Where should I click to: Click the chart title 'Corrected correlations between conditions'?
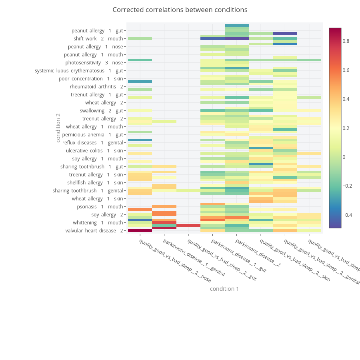(x=180, y=10)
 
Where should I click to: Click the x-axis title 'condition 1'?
(x=224, y=289)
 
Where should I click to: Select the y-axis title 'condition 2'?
(x=58, y=128)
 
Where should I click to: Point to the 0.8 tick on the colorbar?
(x=346, y=41)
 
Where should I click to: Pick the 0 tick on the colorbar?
(x=344, y=157)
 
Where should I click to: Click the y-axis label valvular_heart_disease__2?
(x=94, y=230)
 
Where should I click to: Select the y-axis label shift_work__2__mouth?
(x=98, y=39)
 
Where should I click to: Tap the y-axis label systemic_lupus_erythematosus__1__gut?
(x=79, y=71)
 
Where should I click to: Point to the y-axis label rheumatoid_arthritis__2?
(x=96, y=87)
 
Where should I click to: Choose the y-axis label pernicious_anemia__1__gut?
(x=92, y=135)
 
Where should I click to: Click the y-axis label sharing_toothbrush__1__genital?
(x=88, y=191)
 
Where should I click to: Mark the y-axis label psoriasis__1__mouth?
(x=100, y=207)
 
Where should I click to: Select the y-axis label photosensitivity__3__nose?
(x=94, y=63)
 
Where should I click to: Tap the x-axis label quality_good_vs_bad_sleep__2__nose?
(x=175, y=260)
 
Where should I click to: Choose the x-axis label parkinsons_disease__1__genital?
(x=194, y=258)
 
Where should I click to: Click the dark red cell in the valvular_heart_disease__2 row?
(x=140, y=230)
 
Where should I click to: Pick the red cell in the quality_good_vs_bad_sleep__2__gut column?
(x=188, y=226)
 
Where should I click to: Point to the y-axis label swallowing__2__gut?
(x=101, y=111)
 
